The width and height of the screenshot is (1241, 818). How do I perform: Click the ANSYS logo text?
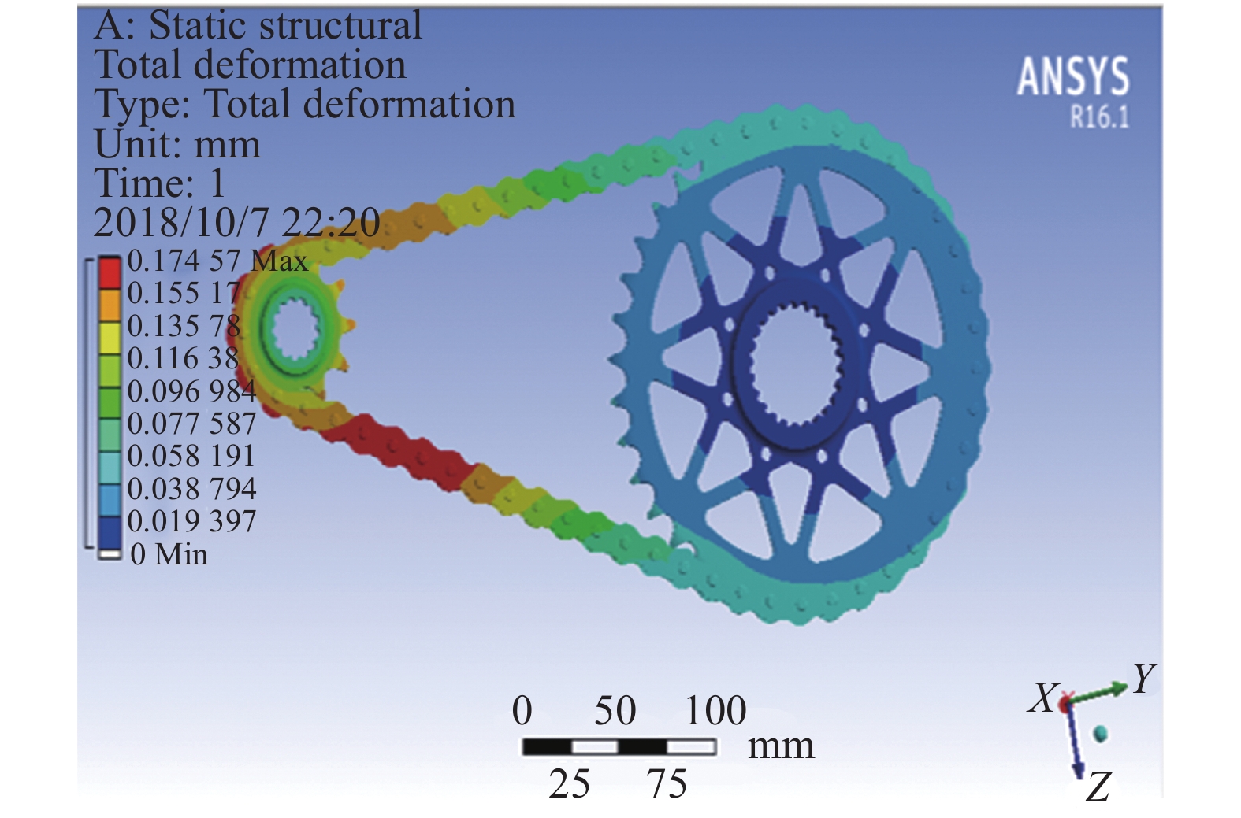pyautogui.click(x=1072, y=76)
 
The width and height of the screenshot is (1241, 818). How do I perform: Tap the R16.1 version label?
pyautogui.click(x=1099, y=117)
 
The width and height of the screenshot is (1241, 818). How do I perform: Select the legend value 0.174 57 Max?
pyautogui.click(x=217, y=260)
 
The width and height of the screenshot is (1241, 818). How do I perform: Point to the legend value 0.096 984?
pyautogui.click(x=191, y=390)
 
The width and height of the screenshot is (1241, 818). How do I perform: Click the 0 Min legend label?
pyautogui.click(x=169, y=553)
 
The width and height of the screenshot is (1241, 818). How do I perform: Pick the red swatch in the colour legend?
pyautogui.click(x=110, y=272)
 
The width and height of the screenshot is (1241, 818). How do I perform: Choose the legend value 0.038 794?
pyautogui.click(x=191, y=488)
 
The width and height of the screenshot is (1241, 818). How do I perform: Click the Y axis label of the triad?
pyautogui.click(x=1144, y=679)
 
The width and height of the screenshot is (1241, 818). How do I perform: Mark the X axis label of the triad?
pyautogui.click(x=1043, y=698)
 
